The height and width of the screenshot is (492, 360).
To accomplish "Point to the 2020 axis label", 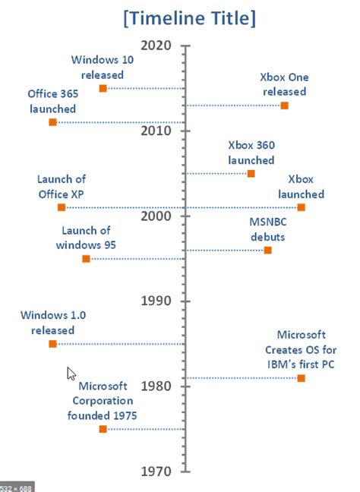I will (x=157, y=46).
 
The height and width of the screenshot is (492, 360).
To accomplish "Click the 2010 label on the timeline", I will (x=157, y=131).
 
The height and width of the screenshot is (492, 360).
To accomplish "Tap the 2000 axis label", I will (x=157, y=216).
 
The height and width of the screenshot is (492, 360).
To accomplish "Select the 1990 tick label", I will (x=157, y=301).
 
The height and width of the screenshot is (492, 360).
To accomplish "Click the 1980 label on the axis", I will (x=157, y=386).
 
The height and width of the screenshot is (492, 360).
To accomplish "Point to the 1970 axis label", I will (x=157, y=471).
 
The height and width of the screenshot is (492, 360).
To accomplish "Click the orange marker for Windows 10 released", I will (x=103, y=89).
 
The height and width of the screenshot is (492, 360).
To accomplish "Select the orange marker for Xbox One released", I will (x=284, y=106).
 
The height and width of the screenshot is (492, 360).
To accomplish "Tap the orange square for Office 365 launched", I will (x=52, y=122).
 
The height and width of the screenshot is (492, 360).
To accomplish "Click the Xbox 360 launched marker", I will (x=251, y=174).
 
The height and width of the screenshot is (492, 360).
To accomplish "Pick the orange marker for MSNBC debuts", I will (x=267, y=250).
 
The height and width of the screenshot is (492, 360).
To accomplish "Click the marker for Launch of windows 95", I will (x=86, y=259).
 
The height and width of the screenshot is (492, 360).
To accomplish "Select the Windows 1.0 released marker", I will (x=52, y=344).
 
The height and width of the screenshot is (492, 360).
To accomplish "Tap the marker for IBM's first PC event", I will (x=302, y=378).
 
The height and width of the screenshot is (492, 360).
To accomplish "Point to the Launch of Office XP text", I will (x=62, y=185).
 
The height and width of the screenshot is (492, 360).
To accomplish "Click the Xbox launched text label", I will (x=301, y=187).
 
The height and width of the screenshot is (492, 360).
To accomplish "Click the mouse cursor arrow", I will (x=71, y=373).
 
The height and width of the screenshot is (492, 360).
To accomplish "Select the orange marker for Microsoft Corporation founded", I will (x=103, y=429).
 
